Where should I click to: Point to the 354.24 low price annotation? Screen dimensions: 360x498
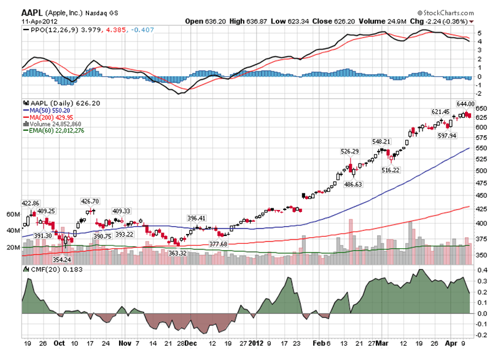coord(61,259)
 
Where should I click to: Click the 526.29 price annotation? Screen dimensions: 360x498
coord(349,151)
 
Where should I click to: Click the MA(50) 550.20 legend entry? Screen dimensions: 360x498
coord(48,109)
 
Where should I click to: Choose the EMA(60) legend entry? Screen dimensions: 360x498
coord(56,130)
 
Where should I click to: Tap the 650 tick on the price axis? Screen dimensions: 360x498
coord(481,108)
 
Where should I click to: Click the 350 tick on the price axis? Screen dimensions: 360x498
coord(481,255)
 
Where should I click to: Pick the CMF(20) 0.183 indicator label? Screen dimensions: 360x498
coord(48,269)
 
